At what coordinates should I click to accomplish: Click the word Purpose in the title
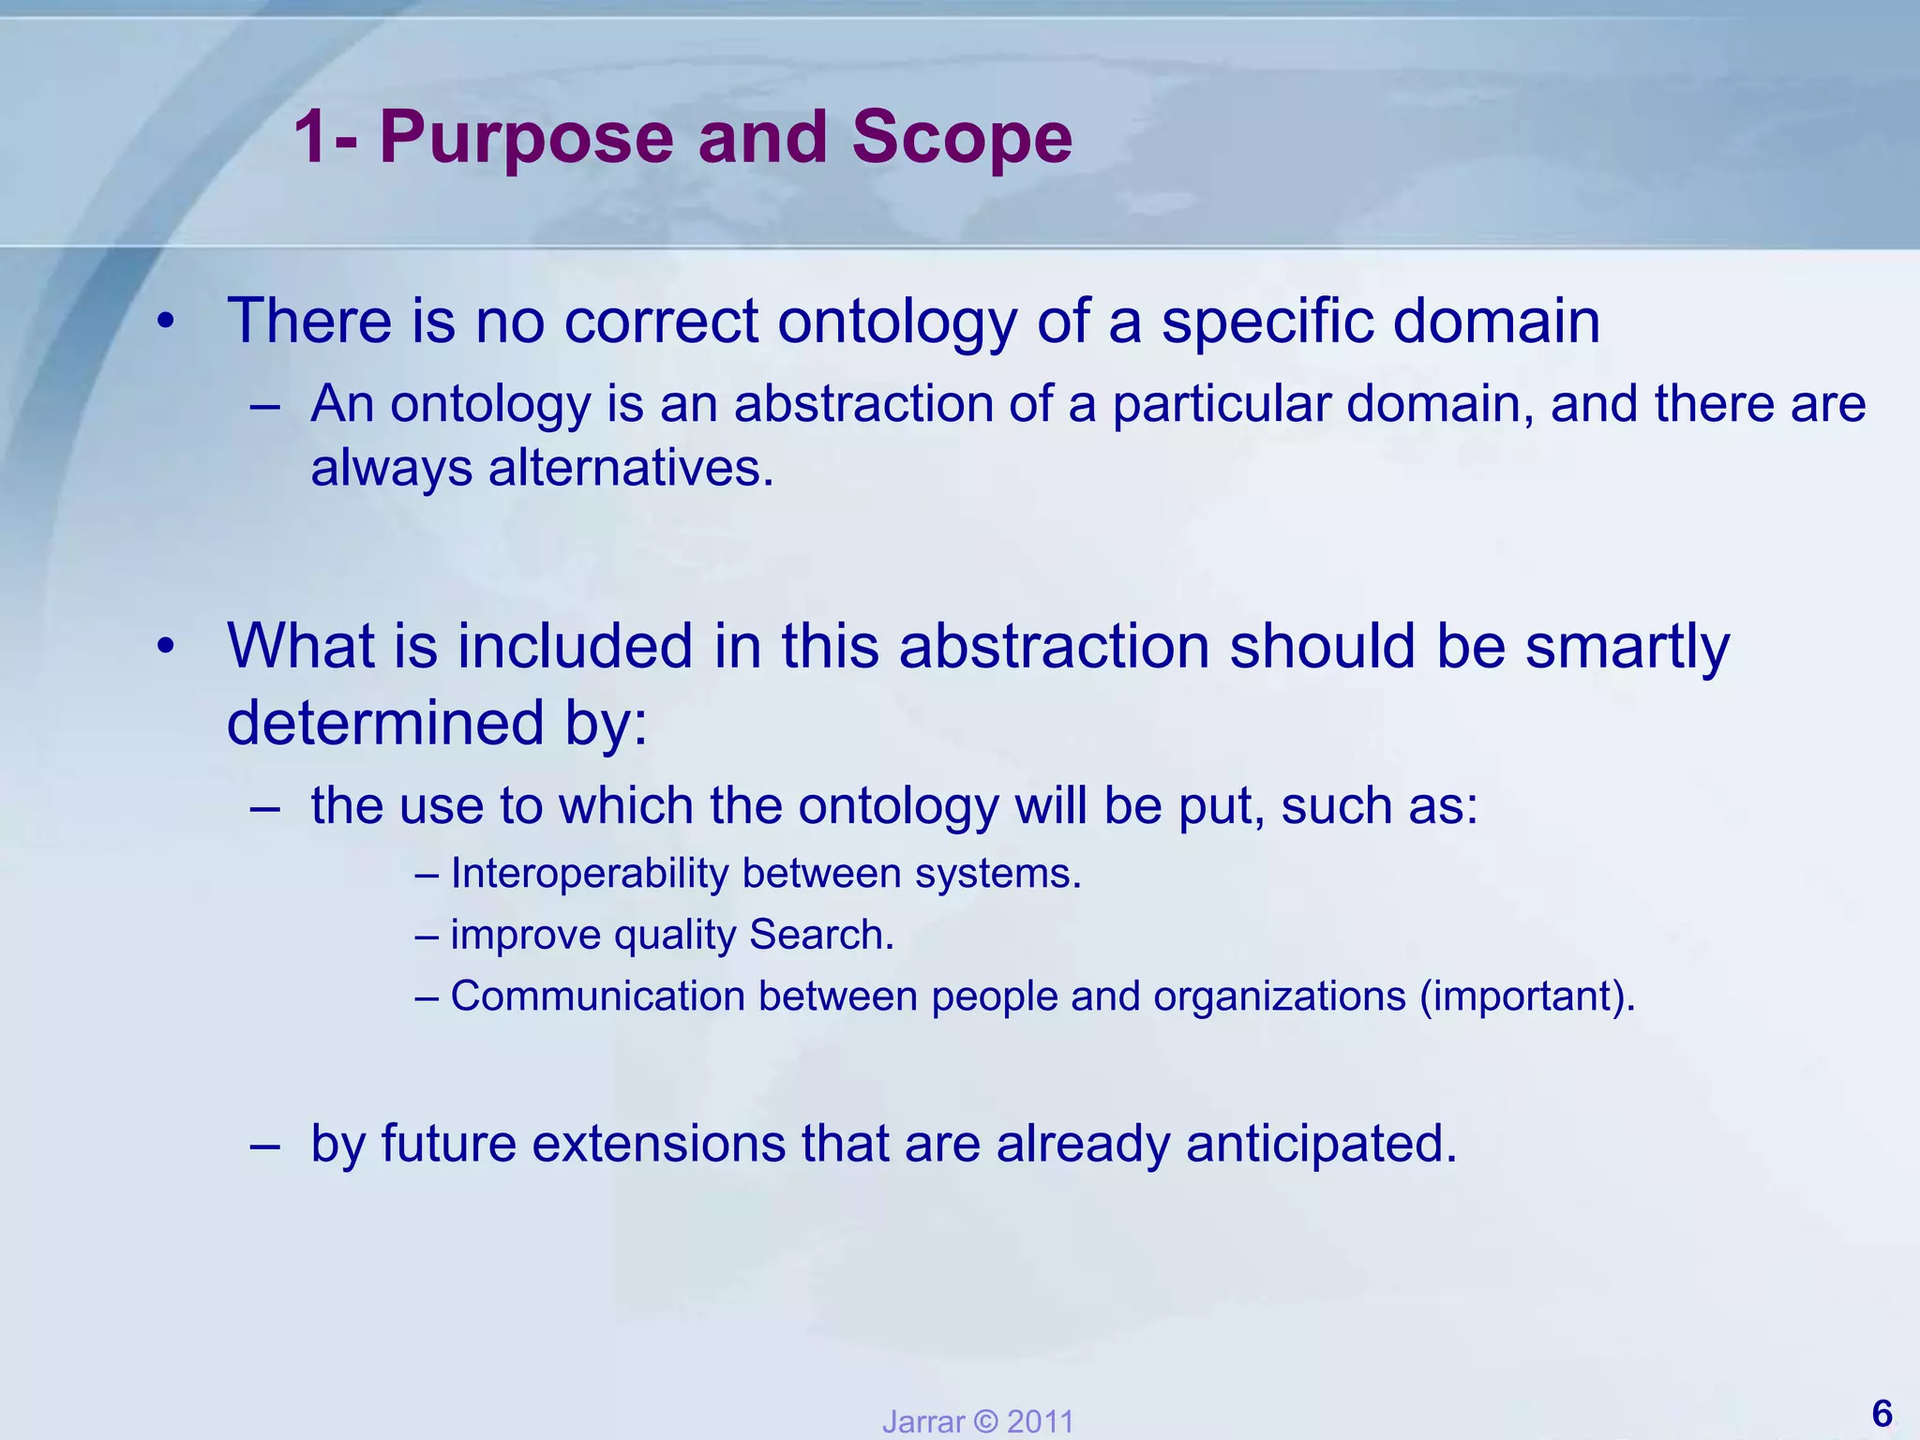526,138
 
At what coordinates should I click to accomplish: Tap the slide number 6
1881,1413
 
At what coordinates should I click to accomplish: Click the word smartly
1627,647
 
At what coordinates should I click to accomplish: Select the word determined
385,723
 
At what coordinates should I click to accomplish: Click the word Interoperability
590,874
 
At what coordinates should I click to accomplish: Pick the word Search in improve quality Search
820,935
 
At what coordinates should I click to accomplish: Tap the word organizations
1280,996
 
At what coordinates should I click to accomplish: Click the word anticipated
1321,1144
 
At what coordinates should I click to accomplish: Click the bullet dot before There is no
166,322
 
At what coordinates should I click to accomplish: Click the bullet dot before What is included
166,647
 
